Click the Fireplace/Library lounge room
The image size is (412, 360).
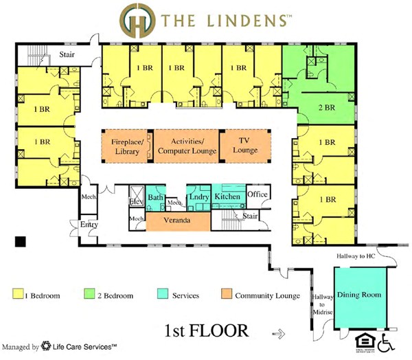point(126,146)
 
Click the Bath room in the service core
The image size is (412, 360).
point(157,196)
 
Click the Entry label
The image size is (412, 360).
point(89,225)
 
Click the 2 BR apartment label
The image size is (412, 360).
point(326,107)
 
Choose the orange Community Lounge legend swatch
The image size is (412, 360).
point(227,295)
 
